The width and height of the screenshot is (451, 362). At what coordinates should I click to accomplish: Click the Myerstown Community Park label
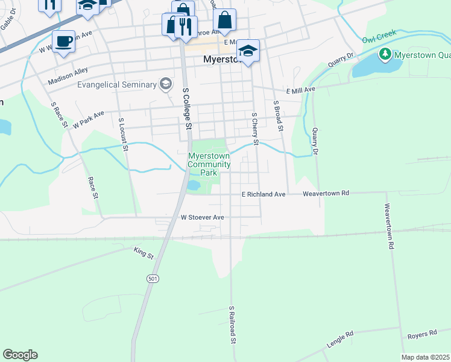209,164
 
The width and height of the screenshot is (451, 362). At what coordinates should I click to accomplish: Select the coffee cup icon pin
63,42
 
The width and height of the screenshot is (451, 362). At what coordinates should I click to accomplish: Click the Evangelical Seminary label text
117,84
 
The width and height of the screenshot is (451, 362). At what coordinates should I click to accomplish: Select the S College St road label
187,109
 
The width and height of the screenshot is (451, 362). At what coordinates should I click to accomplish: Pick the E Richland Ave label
263,194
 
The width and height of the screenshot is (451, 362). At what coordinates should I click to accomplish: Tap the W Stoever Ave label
202,217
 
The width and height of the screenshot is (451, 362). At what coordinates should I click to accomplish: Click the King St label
144,253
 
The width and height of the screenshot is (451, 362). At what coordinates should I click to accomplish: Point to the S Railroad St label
231,325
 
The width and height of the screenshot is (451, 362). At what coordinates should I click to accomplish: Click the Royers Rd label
421,334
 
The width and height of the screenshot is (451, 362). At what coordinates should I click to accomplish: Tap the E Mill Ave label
301,90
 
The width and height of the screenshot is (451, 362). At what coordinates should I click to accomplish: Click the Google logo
20,355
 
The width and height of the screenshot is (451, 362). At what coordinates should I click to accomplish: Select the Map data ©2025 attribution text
424,357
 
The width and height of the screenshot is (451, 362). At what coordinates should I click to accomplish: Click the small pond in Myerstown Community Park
194,185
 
